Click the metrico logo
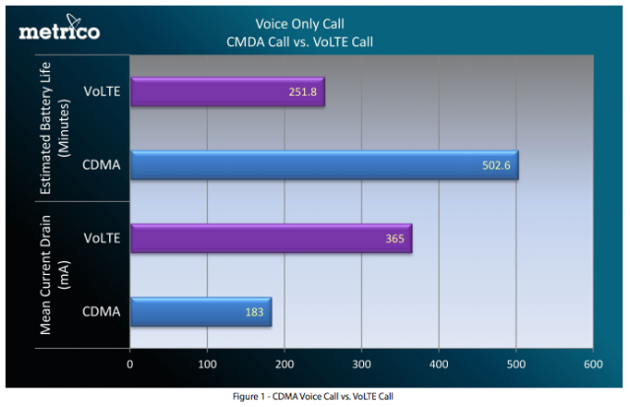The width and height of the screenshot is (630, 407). pyautogui.click(x=59, y=29)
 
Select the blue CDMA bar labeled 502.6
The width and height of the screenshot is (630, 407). pyautogui.click(x=324, y=165)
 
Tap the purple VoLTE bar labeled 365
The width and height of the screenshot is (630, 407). pyautogui.click(x=271, y=238)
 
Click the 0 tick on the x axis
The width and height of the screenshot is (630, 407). pyautogui.click(x=130, y=363)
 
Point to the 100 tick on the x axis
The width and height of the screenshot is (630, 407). pyautogui.click(x=207, y=363)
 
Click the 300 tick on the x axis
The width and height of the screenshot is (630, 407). pyautogui.click(x=361, y=363)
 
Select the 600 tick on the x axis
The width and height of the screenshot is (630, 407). pyautogui.click(x=593, y=363)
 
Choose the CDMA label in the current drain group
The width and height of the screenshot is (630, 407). pyautogui.click(x=101, y=312)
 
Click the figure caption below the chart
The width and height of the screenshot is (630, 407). pyautogui.click(x=315, y=396)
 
